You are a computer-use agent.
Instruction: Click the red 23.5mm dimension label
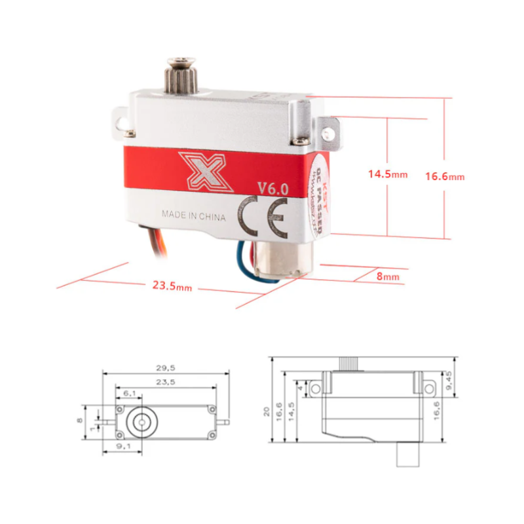click(x=172, y=286)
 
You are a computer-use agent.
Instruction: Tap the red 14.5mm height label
click(x=387, y=174)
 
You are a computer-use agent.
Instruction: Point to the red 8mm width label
click(x=388, y=277)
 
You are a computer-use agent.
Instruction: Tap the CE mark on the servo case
click(x=261, y=216)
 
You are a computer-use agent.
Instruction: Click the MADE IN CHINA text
click(x=194, y=215)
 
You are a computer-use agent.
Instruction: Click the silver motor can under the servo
click(x=280, y=259)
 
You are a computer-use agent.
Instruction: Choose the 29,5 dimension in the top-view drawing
click(x=164, y=368)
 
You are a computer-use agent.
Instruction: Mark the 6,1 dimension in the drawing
click(x=129, y=393)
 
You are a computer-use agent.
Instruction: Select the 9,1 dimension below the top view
click(x=122, y=447)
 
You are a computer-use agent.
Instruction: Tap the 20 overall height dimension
click(x=266, y=411)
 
